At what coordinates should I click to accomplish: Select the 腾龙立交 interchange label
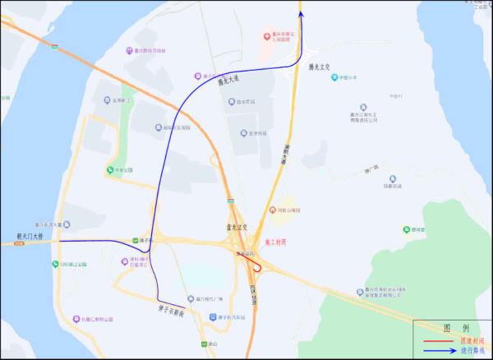point(318,67)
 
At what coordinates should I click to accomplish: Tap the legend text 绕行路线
point(472,350)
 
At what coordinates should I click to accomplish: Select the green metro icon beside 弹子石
point(134,241)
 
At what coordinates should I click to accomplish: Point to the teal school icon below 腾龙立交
point(334,78)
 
